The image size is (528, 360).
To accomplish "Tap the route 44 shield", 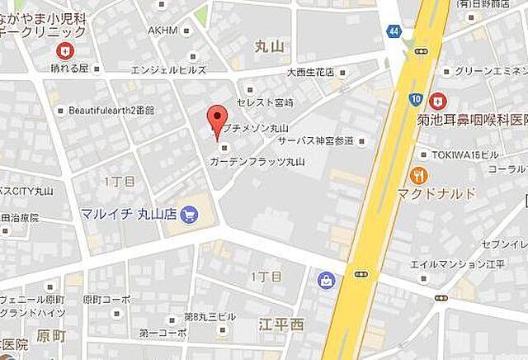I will [394, 31].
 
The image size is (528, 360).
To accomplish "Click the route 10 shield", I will [415, 99].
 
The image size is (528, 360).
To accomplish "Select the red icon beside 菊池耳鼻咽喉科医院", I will [437, 100].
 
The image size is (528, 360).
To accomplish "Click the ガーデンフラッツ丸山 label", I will [257, 162].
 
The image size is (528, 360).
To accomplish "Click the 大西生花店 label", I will [310, 72].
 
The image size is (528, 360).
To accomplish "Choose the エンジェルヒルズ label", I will [162, 71].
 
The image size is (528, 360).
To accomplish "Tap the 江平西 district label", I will [280, 324].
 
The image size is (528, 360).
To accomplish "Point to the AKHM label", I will [163, 31].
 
